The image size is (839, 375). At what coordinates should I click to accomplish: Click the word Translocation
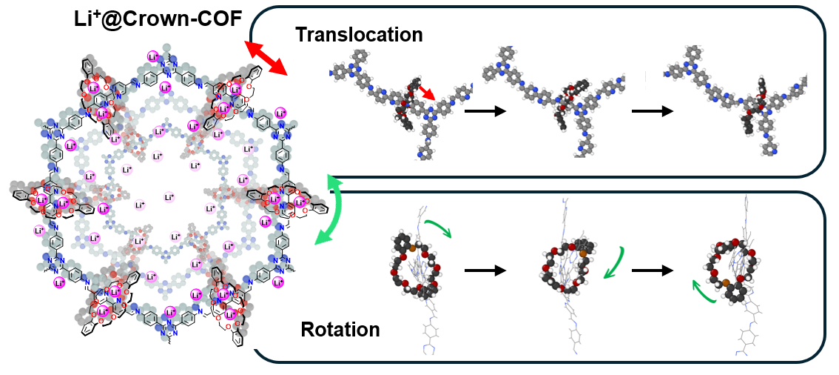(359, 34)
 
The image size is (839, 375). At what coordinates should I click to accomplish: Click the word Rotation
(340, 329)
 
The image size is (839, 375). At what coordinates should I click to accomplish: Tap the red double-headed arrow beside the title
(266, 59)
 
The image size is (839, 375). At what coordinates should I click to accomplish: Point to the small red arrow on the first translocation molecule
(424, 92)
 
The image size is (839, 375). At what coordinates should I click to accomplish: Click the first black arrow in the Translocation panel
(484, 111)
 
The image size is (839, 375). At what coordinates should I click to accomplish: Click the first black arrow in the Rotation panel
(485, 270)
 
